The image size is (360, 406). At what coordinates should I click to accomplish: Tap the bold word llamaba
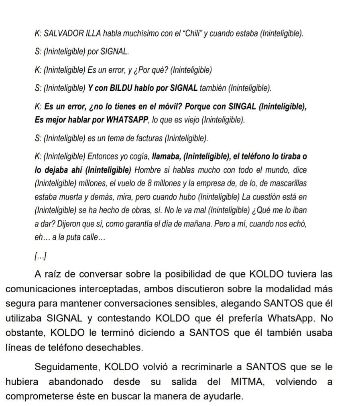click(x=165, y=156)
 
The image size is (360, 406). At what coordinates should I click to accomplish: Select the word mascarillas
click(x=286, y=183)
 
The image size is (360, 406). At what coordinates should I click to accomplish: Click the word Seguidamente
click(x=67, y=367)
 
